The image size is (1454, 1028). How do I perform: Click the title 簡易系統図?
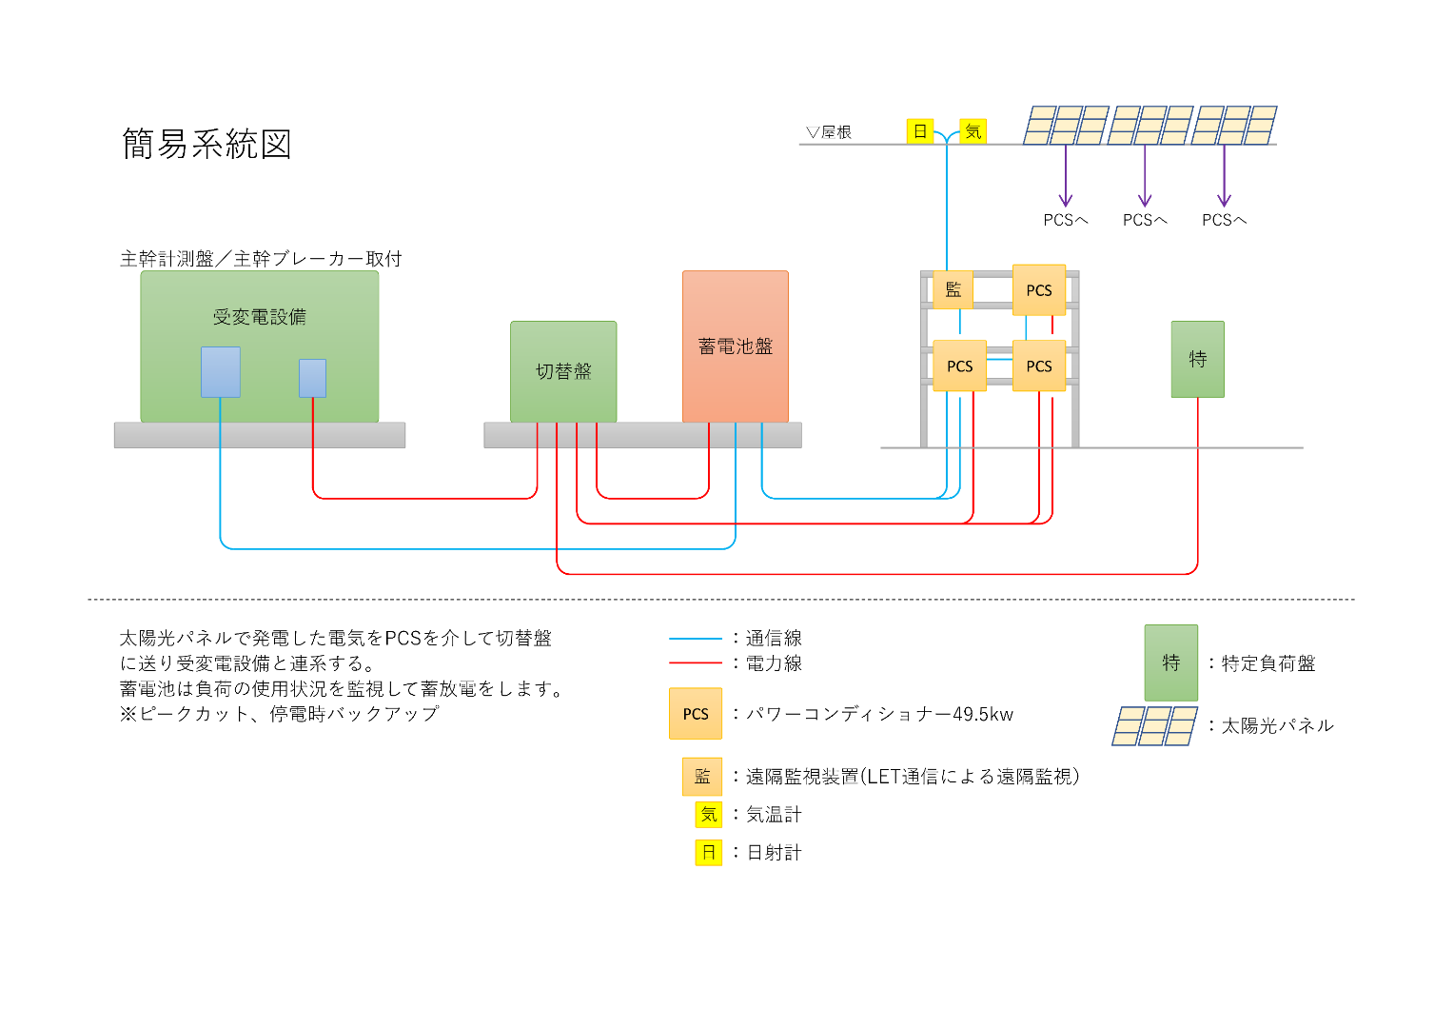tap(206, 144)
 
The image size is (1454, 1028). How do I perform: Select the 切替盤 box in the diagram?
tap(563, 371)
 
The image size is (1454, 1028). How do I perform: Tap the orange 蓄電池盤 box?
tap(736, 346)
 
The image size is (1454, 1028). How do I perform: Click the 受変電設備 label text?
tap(260, 317)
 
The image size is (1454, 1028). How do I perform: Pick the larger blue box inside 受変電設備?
tap(221, 372)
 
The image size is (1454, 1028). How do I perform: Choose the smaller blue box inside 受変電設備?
tap(312, 378)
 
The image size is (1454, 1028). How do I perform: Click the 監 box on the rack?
tap(953, 289)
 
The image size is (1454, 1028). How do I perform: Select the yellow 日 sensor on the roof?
tap(920, 131)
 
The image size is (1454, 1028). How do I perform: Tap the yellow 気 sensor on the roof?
tap(973, 131)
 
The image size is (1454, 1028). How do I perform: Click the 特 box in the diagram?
tap(1198, 359)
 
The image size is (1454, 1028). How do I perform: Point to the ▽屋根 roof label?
tap(828, 132)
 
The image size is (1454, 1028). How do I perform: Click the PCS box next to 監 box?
tap(1038, 289)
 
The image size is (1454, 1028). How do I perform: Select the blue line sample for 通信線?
tap(696, 639)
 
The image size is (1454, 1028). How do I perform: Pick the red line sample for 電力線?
tap(696, 663)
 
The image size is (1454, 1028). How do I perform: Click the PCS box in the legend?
tap(696, 714)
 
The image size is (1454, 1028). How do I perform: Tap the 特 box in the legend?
tap(1171, 662)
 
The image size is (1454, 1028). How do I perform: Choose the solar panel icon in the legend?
tap(1155, 726)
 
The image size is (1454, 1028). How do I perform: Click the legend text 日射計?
tap(774, 853)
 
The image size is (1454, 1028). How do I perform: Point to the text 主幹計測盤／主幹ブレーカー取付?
tap(261, 259)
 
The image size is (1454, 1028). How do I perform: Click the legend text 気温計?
tap(774, 815)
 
